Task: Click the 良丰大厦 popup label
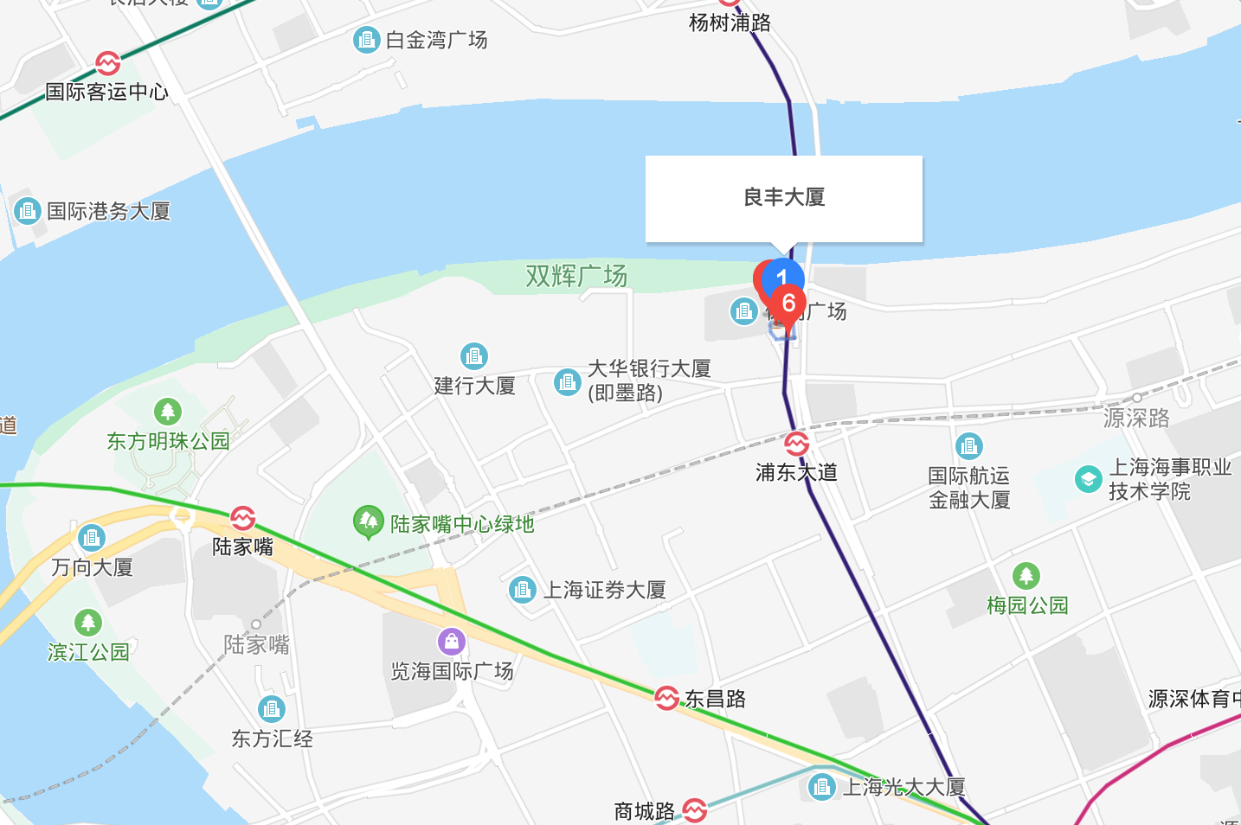click(784, 198)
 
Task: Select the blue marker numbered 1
click(781, 276)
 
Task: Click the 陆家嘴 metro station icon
click(242, 518)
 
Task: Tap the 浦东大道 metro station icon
click(797, 444)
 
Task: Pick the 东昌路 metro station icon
click(666, 698)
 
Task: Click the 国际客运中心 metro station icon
click(108, 63)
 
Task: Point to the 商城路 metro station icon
click(695, 810)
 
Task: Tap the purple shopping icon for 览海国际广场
click(452, 642)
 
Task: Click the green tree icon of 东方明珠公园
click(168, 412)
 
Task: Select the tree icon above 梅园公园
click(1026, 575)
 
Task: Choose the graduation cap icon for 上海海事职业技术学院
click(1088, 479)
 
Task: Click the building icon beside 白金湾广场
click(367, 40)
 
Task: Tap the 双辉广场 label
click(576, 277)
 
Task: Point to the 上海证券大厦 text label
click(604, 591)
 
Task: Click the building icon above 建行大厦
click(474, 355)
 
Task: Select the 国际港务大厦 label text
click(109, 211)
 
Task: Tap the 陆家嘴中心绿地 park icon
click(369, 521)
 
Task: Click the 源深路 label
click(1136, 419)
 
